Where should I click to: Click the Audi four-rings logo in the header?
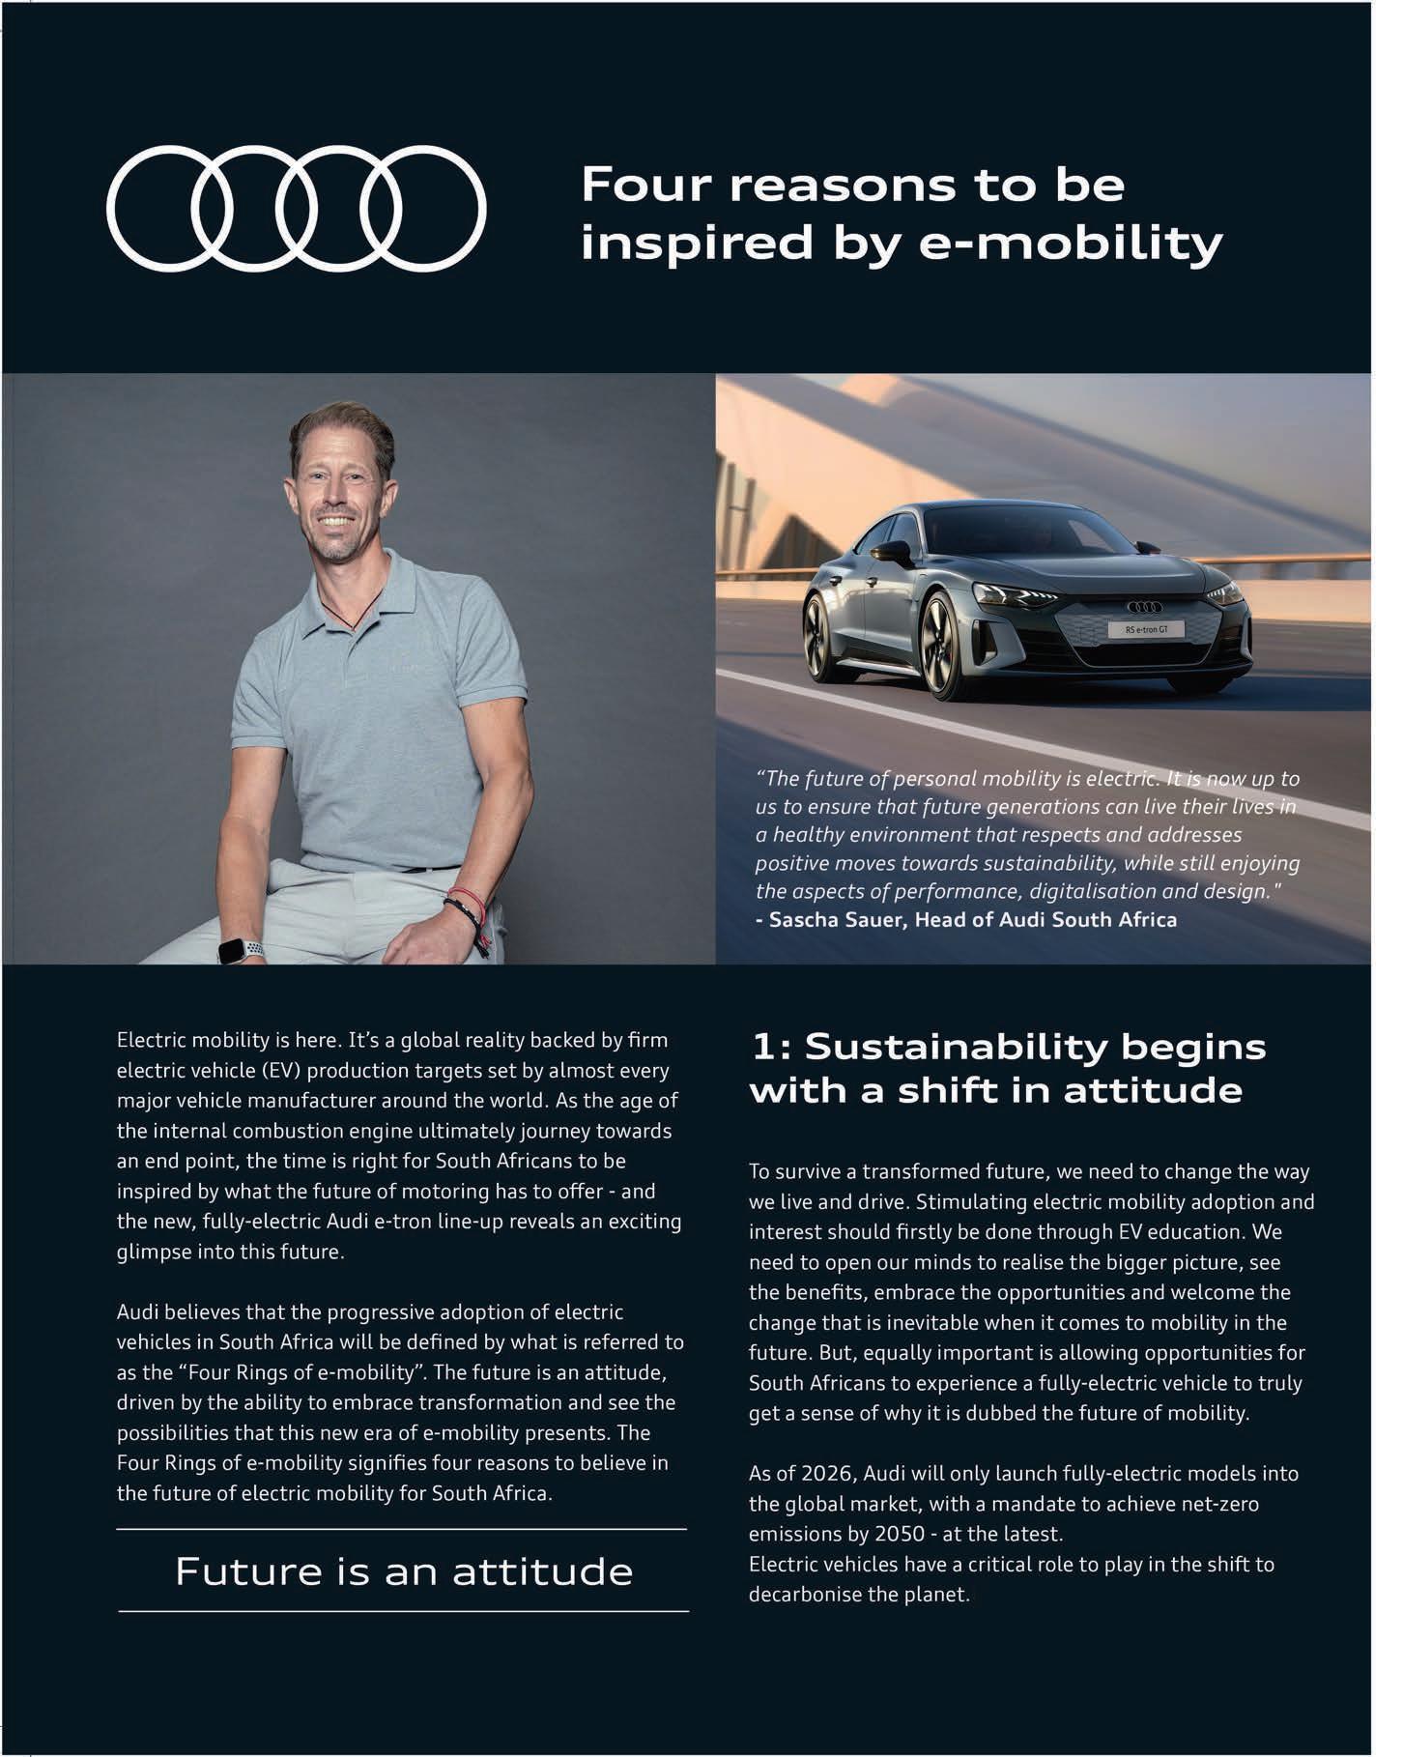tap(296, 208)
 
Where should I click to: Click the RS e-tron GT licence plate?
tap(1147, 630)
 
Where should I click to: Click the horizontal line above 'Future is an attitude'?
tap(401, 1530)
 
